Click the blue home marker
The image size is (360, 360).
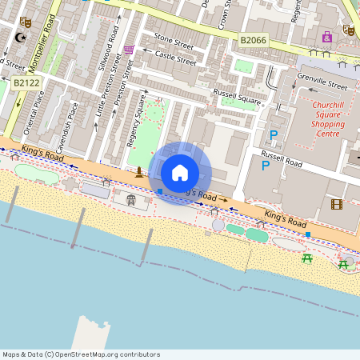pos(180,172)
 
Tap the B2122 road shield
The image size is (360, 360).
pos(26,82)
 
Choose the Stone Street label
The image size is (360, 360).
pos(174,38)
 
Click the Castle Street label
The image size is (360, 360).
pos(175,58)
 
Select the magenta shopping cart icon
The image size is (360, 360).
pos(129,50)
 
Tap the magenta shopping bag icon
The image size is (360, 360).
pos(326,37)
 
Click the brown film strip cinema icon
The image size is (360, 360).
pos(337,205)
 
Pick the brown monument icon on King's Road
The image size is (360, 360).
pos(139,172)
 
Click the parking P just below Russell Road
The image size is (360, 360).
pos(266,166)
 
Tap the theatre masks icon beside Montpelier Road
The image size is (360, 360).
pos(25,22)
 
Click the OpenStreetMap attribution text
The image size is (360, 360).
pos(82,354)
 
